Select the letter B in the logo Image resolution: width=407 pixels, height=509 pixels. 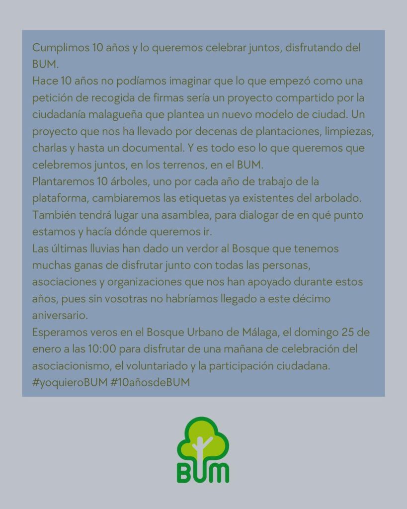185,474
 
